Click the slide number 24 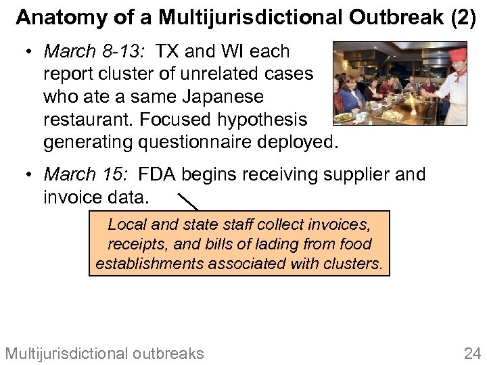471,353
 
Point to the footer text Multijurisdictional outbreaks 104,353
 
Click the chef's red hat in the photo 457,53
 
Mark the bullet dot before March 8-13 29,51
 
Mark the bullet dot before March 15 29,174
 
